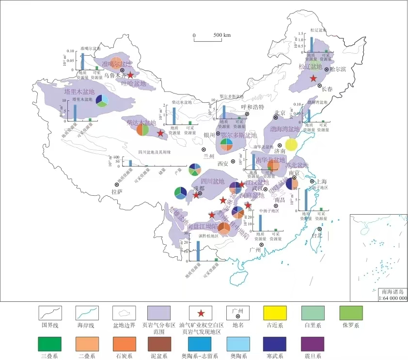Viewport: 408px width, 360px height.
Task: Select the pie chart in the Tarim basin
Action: [x=102, y=100]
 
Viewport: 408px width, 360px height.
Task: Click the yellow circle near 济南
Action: [x=291, y=144]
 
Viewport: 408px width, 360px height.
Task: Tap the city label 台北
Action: [x=316, y=236]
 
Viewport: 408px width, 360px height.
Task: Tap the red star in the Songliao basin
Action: [x=314, y=78]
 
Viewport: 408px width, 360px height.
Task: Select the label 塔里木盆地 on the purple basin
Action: [x=79, y=92]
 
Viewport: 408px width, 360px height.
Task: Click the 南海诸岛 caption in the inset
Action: [x=392, y=292]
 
